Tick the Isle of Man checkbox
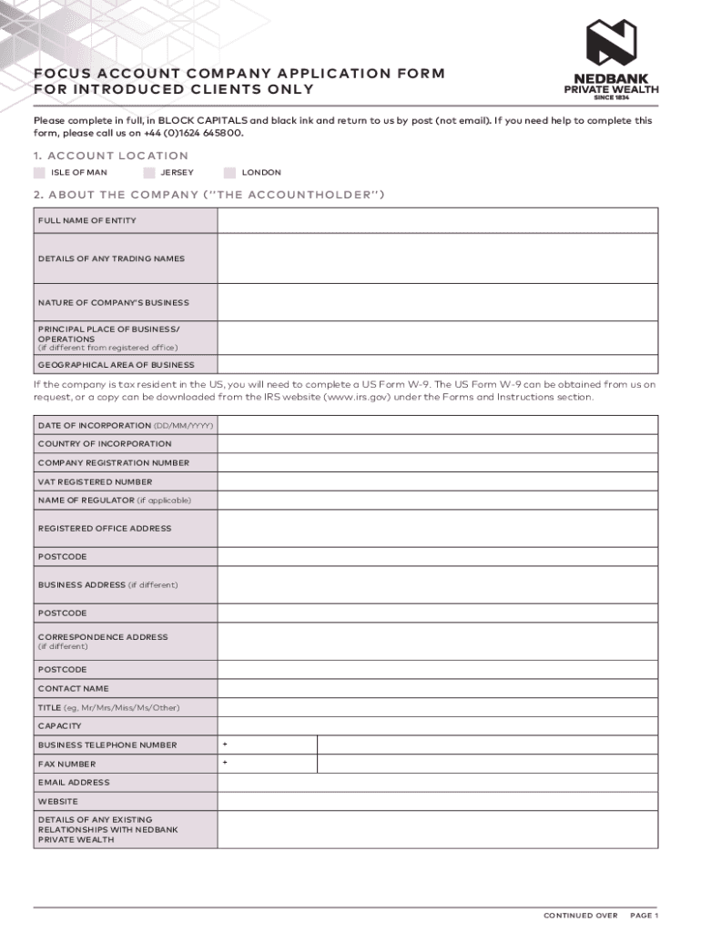coord(39,172)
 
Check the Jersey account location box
coord(149,172)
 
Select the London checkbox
coord(229,172)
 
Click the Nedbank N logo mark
coord(610,43)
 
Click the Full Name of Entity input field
coord(437,220)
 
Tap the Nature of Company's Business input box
coord(437,302)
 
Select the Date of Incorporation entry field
coord(437,425)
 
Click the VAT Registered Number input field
coord(437,481)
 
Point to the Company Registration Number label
coord(113,462)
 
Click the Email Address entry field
coord(437,783)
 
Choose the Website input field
coord(437,802)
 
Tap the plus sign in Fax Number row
coord(225,762)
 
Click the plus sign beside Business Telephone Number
coord(225,745)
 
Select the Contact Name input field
coord(437,688)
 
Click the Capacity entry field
coord(437,726)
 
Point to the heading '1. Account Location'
coord(111,156)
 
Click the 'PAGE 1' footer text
coord(644,916)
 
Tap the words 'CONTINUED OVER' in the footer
coord(581,916)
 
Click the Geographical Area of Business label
coord(116,365)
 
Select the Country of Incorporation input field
coord(437,444)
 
